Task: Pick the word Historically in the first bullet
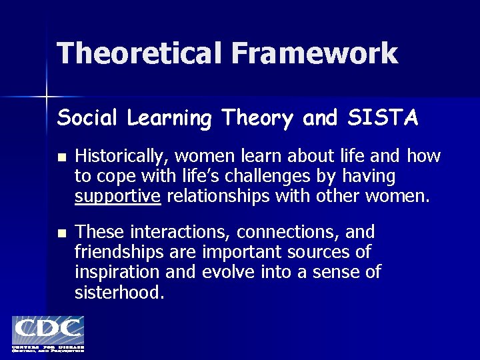coord(122,157)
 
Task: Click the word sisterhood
coord(119,292)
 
